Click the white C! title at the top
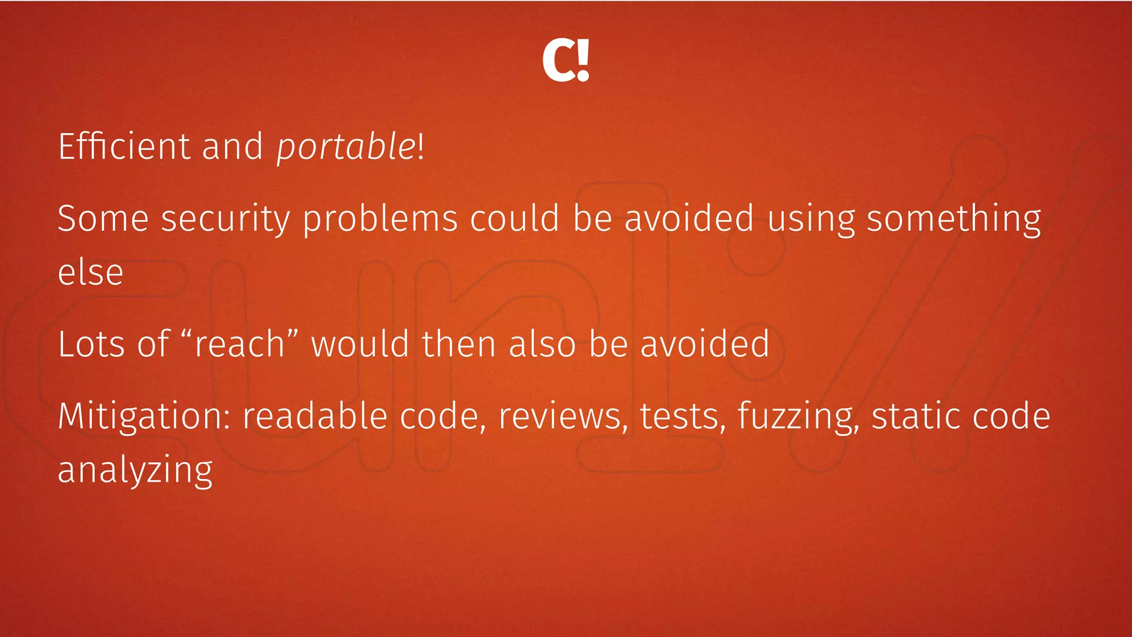pos(565,60)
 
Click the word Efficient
pos(124,147)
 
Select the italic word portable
pos(346,147)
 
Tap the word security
pos(225,219)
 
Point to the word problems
pos(380,219)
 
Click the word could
pos(515,218)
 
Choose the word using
pos(811,219)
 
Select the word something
pos(953,219)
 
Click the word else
pos(91,273)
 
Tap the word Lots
pos(91,344)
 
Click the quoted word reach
pos(239,344)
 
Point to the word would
pos(360,344)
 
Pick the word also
pos(542,344)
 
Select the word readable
pos(315,416)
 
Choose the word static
pos(916,416)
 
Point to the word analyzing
pos(135,471)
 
